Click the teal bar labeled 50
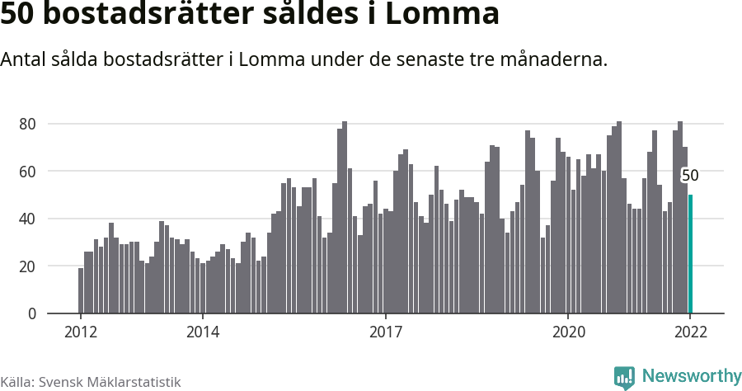coord(690,254)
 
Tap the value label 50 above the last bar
coord(690,176)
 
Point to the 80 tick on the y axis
coord(29,124)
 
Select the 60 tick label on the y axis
coord(29,172)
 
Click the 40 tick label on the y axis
coord(29,219)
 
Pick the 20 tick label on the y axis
coord(29,266)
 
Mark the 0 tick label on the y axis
coord(33,313)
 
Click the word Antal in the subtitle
coord(23,60)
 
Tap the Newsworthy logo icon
coord(624,378)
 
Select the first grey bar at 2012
coord(81,290)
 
